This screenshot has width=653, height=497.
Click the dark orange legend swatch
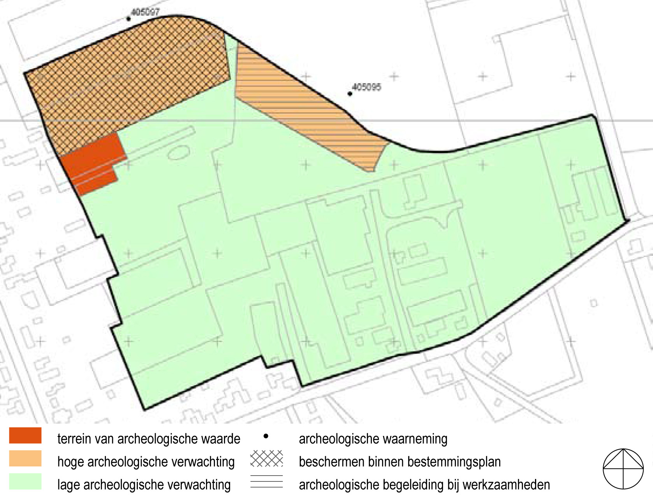point(25,436)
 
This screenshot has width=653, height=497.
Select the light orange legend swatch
point(25,458)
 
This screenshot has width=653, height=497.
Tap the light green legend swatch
point(25,481)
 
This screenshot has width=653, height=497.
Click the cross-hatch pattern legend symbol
point(267,458)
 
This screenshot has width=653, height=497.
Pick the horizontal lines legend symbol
point(267,481)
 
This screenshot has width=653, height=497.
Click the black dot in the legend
point(266,436)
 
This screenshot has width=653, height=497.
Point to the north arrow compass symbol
point(623,469)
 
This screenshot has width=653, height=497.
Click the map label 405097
point(145,12)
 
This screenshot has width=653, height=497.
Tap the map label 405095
point(366,87)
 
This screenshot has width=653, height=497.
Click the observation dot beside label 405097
point(128,19)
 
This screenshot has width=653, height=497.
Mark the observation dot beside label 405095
point(350,94)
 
